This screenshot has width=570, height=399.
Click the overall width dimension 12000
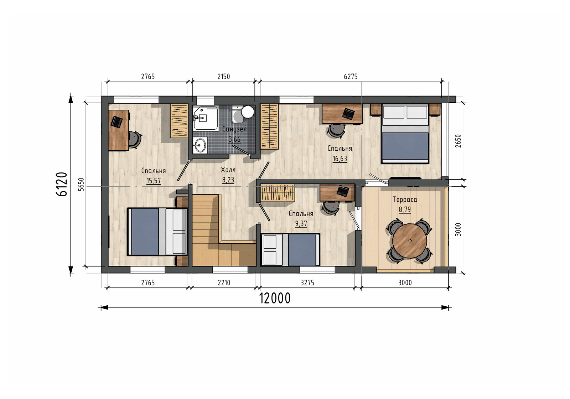275,299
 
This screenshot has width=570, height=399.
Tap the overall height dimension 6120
62,184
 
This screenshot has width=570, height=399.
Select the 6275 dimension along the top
351,77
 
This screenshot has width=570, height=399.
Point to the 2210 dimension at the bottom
224,283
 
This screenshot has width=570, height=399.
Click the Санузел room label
234,129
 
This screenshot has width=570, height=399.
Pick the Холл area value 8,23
228,180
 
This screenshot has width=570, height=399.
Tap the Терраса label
405,199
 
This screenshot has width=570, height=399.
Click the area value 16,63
340,159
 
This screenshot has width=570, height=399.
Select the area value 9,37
301,224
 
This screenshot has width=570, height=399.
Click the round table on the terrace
409,241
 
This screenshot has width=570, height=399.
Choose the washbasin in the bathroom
200,145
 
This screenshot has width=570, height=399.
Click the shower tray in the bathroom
206,118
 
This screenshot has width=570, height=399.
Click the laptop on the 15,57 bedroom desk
117,122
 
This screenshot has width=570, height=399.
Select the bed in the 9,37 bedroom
291,250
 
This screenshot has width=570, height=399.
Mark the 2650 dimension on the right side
458,141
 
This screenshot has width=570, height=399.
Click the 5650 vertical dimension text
81,185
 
